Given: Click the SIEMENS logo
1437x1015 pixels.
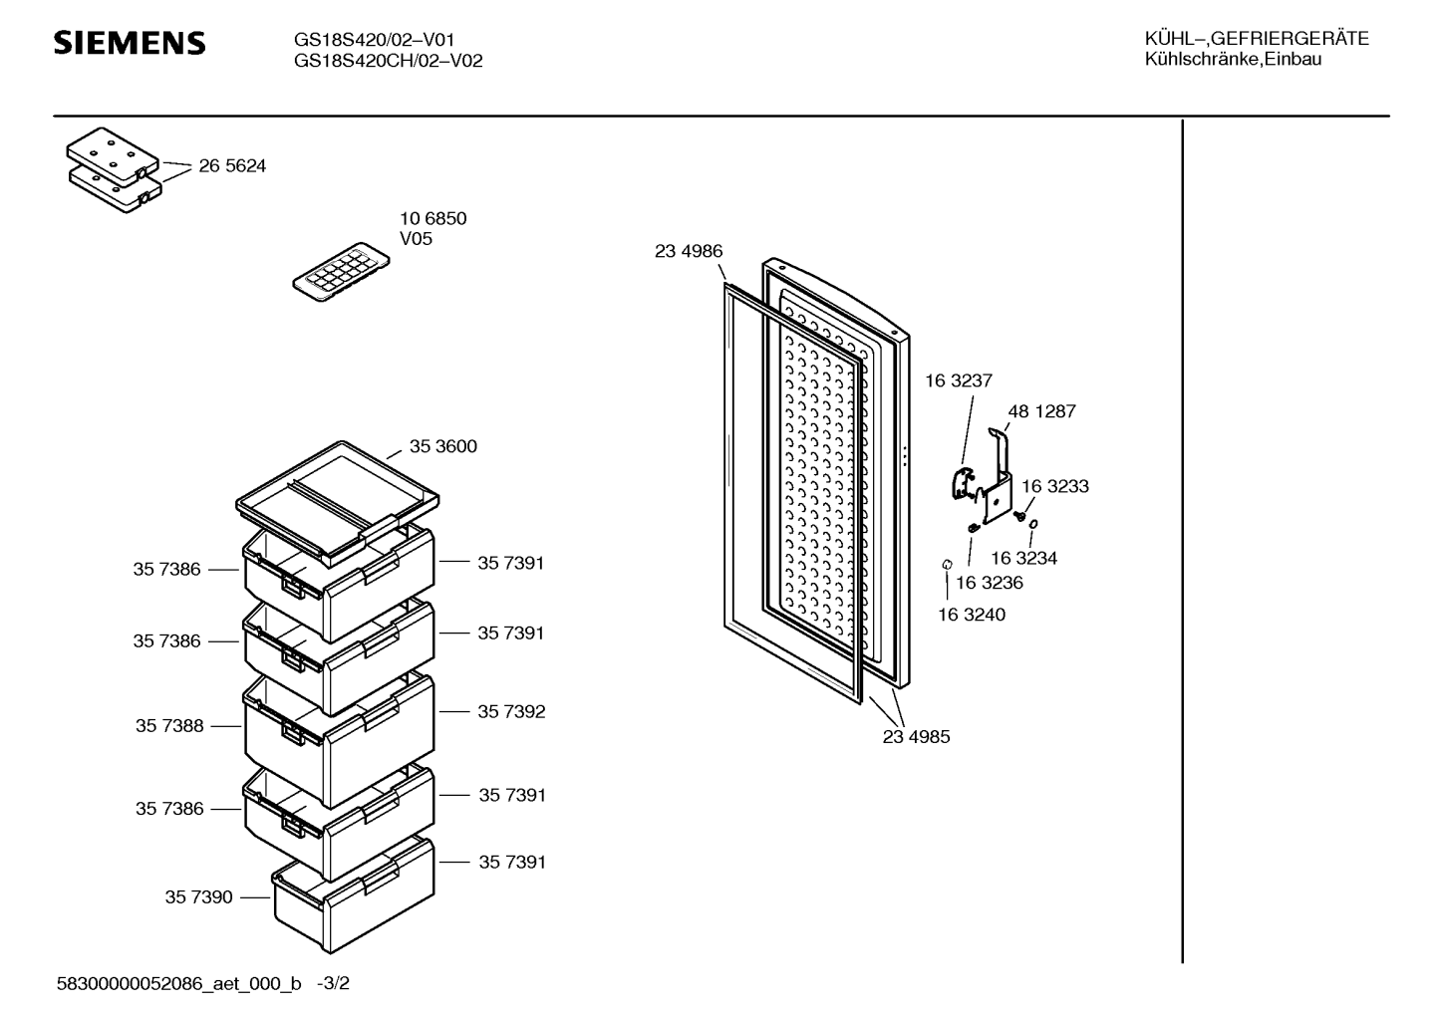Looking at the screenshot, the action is click(130, 43).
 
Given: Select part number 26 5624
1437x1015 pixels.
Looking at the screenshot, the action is click(232, 166).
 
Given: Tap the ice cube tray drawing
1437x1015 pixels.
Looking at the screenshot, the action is click(341, 272).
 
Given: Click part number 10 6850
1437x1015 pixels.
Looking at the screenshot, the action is click(433, 219).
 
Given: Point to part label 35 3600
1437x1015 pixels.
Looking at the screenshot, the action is click(443, 446).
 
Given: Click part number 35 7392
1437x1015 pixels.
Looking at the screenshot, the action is click(511, 712).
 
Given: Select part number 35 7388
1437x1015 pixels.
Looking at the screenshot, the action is click(169, 726).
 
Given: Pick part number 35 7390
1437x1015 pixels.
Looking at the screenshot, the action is click(199, 897).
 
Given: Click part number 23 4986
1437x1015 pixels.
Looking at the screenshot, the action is click(689, 251).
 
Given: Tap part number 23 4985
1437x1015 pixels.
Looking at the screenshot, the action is click(916, 737).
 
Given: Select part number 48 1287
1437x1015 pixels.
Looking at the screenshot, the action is click(1041, 411).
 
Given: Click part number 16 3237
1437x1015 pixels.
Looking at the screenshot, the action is click(959, 381).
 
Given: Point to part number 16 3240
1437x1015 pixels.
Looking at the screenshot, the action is click(972, 615).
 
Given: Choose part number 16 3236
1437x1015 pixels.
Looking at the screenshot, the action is click(990, 583).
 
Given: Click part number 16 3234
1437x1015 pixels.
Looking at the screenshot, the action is click(1023, 559).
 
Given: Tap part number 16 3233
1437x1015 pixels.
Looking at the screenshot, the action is click(1055, 487).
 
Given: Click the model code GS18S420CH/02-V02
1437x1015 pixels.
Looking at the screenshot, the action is click(388, 61).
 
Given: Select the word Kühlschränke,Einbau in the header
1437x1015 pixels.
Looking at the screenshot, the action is click(1233, 60).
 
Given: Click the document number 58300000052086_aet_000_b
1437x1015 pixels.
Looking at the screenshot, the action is click(179, 983).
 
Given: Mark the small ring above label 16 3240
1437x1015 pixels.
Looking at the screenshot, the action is click(947, 564).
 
